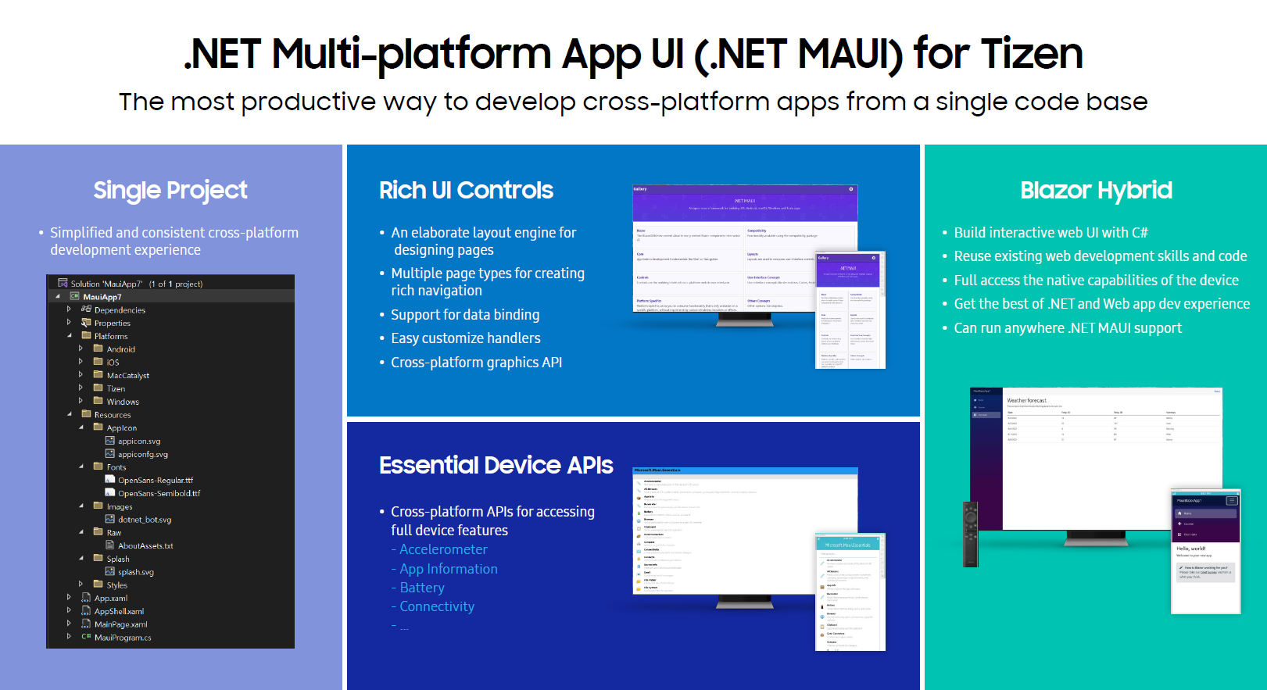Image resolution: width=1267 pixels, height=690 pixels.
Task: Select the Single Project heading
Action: point(170,190)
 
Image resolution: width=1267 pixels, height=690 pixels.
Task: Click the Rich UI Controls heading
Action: point(466,190)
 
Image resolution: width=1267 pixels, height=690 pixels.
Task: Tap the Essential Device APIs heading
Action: point(496,465)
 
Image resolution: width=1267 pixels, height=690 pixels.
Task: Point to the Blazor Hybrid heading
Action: point(1095,190)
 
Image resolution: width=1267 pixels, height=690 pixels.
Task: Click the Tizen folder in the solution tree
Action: point(116,388)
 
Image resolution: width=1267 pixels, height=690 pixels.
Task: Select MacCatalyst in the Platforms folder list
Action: point(127,375)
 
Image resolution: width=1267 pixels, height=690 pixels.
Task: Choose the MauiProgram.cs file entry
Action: point(122,638)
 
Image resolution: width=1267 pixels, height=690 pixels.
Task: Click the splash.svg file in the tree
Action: point(135,572)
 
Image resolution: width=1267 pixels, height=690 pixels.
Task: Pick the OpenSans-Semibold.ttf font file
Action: point(159,493)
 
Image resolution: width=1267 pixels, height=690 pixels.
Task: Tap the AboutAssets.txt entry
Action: point(145,545)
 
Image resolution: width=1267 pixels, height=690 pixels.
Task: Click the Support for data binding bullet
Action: point(464,315)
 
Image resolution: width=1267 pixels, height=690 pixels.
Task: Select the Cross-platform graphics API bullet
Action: point(476,363)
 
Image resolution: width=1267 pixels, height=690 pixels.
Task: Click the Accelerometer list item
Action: point(442,549)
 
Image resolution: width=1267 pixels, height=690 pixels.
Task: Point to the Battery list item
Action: point(421,588)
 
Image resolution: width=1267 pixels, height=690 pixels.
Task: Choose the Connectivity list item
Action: point(436,606)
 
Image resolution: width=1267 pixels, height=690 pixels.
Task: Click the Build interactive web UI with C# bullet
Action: point(1050,233)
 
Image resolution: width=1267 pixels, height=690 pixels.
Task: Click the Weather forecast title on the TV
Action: point(1026,400)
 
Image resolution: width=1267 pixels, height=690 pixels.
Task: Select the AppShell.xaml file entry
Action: point(119,611)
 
